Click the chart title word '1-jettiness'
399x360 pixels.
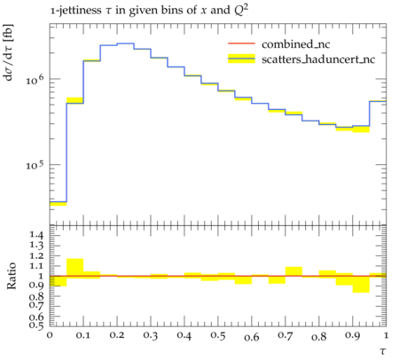(75, 11)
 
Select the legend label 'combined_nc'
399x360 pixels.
(295, 44)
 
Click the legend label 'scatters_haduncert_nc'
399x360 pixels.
(318, 59)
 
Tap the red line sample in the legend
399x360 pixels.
(241, 43)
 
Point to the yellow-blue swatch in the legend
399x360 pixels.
(241, 59)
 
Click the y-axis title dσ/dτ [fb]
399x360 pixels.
(8, 52)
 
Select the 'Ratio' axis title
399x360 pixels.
(11, 276)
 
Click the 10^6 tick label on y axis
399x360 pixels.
(35, 80)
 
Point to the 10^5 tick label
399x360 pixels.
(35, 166)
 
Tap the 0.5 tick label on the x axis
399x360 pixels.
(218, 336)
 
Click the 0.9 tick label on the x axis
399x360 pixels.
(352, 336)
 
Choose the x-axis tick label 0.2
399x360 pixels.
(117, 336)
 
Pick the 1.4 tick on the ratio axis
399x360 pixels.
(36, 235)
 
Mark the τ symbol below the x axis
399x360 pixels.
(383, 351)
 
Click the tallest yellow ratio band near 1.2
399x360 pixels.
(75, 269)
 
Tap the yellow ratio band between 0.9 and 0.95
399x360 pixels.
(361, 284)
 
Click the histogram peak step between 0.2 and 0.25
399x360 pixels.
(125, 43)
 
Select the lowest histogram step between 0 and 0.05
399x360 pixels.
(59, 202)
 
